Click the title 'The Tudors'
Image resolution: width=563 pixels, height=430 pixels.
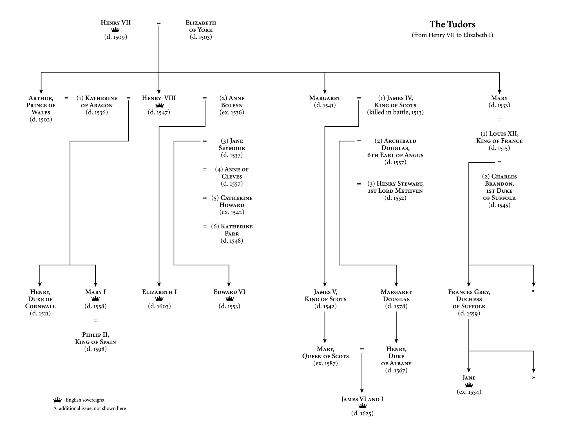pyautogui.click(x=452, y=24)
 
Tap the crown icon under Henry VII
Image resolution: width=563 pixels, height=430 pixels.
pyautogui.click(x=115, y=30)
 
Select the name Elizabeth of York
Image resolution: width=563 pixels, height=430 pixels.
pyautogui.click(x=201, y=26)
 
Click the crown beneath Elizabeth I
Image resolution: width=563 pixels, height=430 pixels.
pyautogui.click(x=159, y=299)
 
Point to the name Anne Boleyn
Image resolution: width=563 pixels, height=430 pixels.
pyautogui.click(x=232, y=102)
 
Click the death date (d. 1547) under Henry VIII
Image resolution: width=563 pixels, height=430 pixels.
pyautogui.click(x=159, y=112)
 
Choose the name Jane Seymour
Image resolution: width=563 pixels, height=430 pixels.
pyautogui.click(x=232, y=144)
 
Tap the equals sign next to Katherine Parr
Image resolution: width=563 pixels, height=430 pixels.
pyautogui.click(x=205, y=226)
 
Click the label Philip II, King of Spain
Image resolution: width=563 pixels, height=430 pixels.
pyautogui.click(x=95, y=338)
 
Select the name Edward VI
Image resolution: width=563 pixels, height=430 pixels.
pyautogui.click(x=229, y=292)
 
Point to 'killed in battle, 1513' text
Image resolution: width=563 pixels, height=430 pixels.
pyautogui.click(x=395, y=112)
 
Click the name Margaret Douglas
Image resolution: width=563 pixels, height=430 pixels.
pyautogui.click(x=396, y=296)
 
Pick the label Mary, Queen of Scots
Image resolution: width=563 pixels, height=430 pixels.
pyautogui.click(x=325, y=353)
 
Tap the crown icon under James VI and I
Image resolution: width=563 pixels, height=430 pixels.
pyautogui.click(x=362, y=406)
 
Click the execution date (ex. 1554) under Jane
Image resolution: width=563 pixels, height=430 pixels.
pyautogui.click(x=469, y=392)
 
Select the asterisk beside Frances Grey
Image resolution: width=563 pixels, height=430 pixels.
pyautogui.click(x=533, y=291)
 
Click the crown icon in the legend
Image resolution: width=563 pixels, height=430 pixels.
pyautogui.click(x=57, y=400)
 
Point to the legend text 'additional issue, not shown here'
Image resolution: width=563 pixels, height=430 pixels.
pyautogui.click(x=92, y=408)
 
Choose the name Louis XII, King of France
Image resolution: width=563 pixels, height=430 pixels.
pyautogui.click(x=499, y=137)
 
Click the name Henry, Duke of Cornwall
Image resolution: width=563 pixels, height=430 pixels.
pyautogui.click(x=40, y=299)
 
